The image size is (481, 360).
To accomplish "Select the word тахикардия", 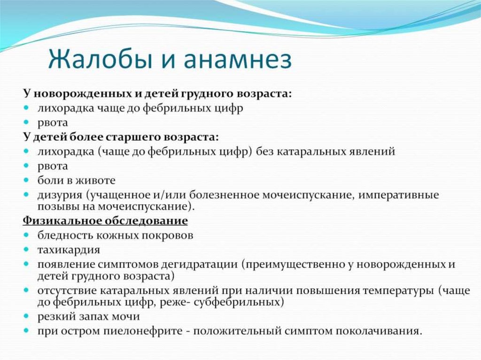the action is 69,250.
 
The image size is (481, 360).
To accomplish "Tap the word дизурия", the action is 60,196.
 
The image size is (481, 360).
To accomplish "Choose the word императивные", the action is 398,196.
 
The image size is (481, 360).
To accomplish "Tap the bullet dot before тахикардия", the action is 26,250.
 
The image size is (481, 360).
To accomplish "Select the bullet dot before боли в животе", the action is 26,181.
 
